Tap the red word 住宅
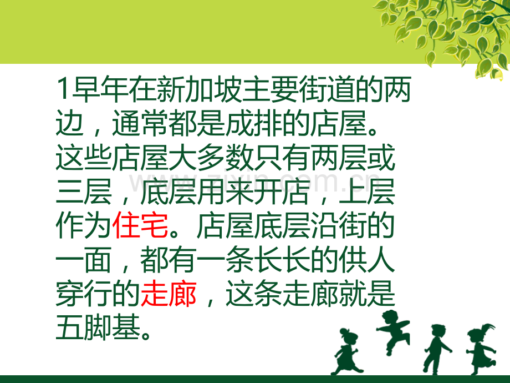140,226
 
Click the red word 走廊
169,294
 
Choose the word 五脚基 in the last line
98,328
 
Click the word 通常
140,123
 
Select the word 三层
84,192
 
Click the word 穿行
84,294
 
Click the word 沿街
339,226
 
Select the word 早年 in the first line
100,89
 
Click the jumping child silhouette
393,331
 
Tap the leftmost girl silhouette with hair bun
346,352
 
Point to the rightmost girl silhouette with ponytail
481,349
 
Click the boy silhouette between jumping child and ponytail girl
436,349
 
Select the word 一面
84,260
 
